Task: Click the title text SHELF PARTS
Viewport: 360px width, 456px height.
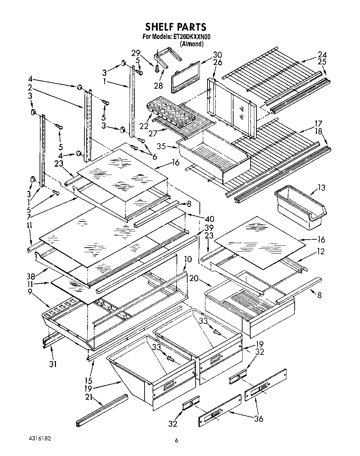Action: point(175,27)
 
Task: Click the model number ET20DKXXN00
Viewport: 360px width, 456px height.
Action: point(192,37)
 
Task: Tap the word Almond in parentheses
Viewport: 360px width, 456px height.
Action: point(191,44)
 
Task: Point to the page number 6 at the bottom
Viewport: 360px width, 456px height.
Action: point(177,440)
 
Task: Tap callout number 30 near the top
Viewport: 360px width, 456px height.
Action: point(217,55)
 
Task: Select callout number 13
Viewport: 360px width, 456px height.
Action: point(321,188)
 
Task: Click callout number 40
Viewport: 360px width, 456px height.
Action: point(210,219)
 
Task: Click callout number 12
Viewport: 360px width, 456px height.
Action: point(320,251)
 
